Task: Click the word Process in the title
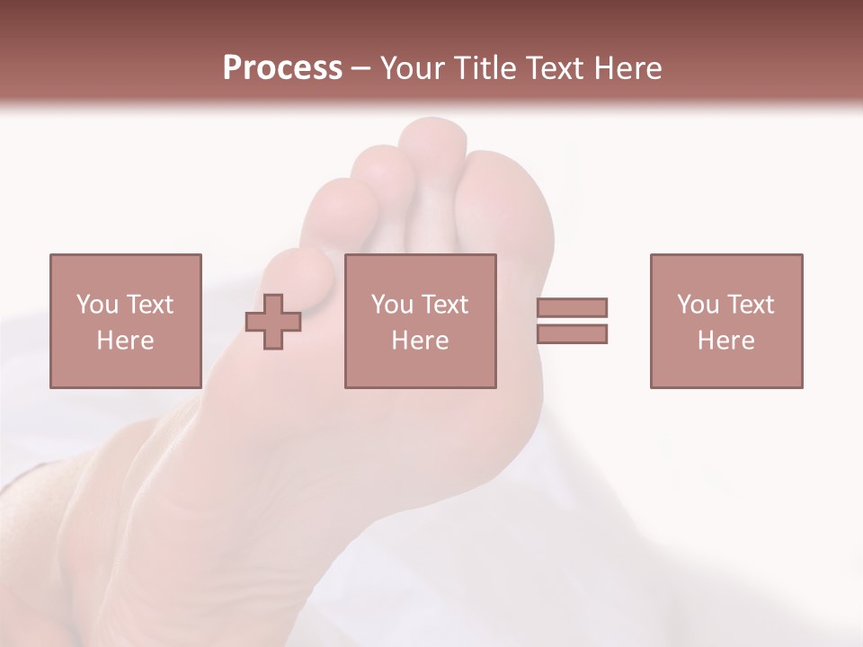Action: pos(282,68)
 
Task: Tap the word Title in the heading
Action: pos(485,68)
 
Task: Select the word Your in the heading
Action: pos(414,68)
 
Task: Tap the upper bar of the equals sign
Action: pos(572,307)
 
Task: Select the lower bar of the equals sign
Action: pos(572,334)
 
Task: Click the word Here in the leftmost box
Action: pos(125,341)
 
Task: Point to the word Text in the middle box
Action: pos(445,305)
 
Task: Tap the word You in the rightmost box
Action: pos(698,305)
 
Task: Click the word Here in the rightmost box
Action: pos(725,341)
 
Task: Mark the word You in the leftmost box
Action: pos(98,305)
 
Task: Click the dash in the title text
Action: pos(361,68)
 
